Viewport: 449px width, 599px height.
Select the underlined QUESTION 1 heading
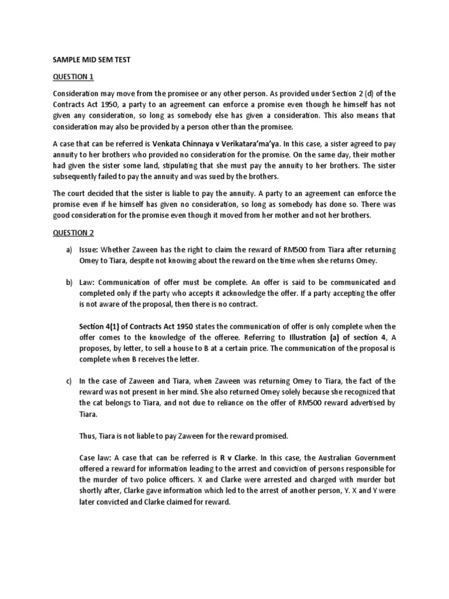[x=73, y=77]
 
